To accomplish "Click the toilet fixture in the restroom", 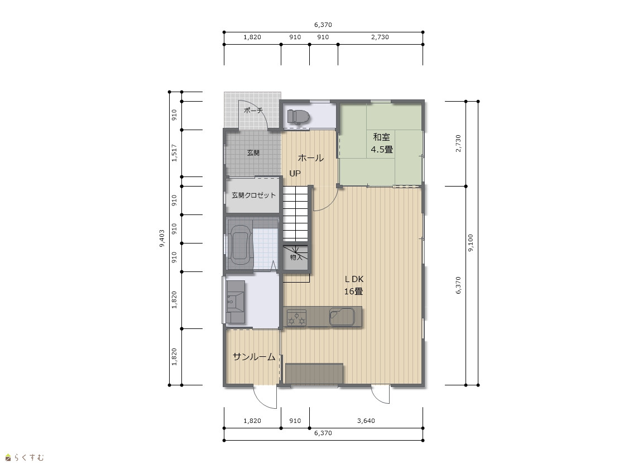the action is coord(298,117).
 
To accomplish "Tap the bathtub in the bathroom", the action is coord(240,245).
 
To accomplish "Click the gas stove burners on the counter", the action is coord(296,317).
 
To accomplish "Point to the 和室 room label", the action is coord(381,137).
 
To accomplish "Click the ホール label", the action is coord(311,157).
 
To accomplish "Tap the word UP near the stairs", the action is coord(295,174).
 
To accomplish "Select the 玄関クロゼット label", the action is coord(253,195).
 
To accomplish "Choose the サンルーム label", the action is coord(254,357).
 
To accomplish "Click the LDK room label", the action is coord(354,279).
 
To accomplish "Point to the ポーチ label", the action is coord(253,111).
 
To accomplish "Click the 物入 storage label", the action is coord(296,257).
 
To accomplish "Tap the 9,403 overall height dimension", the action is coord(162,238).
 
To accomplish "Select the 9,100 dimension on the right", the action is coord(471,243).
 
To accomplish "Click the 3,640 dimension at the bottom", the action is coord(366,421).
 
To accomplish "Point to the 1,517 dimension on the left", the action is coord(174,153).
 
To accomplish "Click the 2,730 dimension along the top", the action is coord(380,37).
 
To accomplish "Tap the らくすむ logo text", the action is coord(29,458).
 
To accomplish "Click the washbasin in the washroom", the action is coord(236,302).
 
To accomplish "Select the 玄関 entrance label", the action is coord(253,152).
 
